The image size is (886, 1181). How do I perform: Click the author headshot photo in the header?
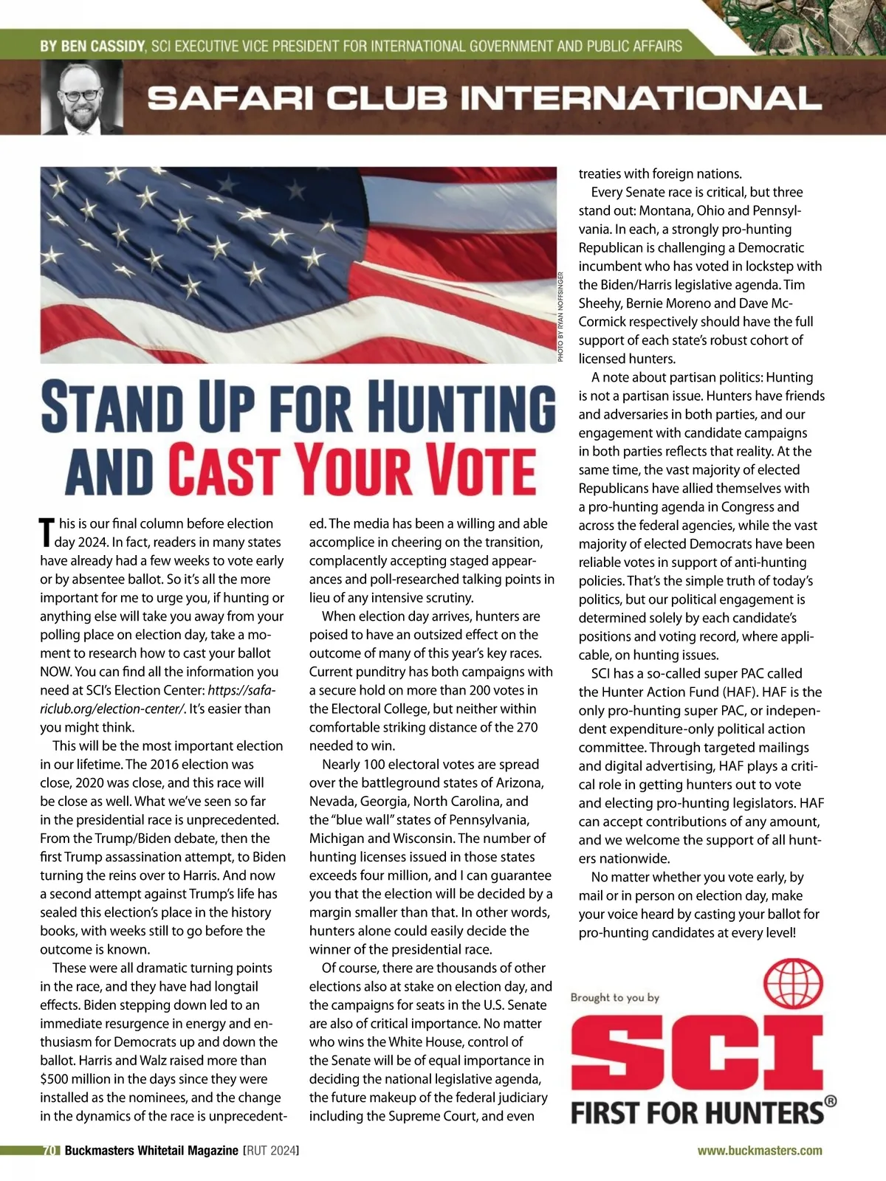point(82,97)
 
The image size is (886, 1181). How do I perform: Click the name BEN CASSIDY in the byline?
point(92,47)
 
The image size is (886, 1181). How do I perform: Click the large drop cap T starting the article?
point(47,532)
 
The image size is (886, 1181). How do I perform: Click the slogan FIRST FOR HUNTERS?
point(698,1112)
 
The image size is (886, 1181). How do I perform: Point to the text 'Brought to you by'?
point(615,997)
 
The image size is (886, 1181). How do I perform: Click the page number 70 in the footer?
point(50,1150)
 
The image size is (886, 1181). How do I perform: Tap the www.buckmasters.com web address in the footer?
point(760,1150)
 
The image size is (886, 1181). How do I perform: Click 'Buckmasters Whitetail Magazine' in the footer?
point(151,1150)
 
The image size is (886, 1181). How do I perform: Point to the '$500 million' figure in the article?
point(76,1078)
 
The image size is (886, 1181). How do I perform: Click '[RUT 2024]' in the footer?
point(271,1150)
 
